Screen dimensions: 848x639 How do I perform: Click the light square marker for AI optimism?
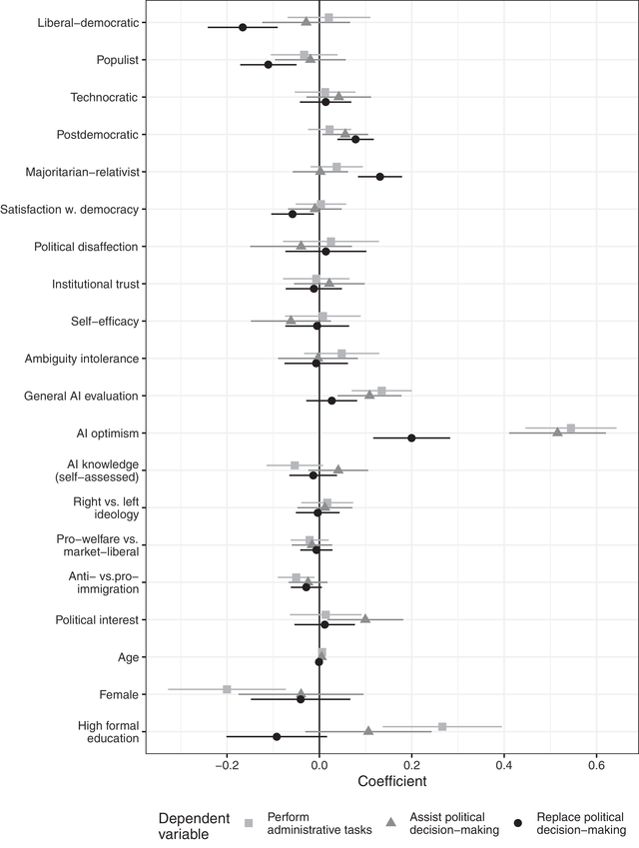coord(570,428)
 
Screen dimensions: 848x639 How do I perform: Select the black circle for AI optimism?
coord(411,437)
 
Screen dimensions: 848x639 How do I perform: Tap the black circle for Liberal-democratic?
coord(243,27)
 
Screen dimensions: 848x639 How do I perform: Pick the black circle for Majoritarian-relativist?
coord(379,177)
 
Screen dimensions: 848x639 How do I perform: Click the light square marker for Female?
coord(227,689)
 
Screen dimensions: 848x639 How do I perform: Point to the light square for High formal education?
coord(442,727)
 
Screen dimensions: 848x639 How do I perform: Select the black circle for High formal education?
coord(277,736)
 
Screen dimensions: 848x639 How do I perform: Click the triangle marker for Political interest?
coord(364,618)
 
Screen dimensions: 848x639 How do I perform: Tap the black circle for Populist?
coord(268,64)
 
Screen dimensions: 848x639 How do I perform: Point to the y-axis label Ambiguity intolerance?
coord(83,359)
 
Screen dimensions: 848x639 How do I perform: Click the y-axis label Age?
coord(127,657)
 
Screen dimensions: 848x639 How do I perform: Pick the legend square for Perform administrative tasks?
coord(250,822)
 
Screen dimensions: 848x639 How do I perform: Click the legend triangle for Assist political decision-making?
coord(390,822)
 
